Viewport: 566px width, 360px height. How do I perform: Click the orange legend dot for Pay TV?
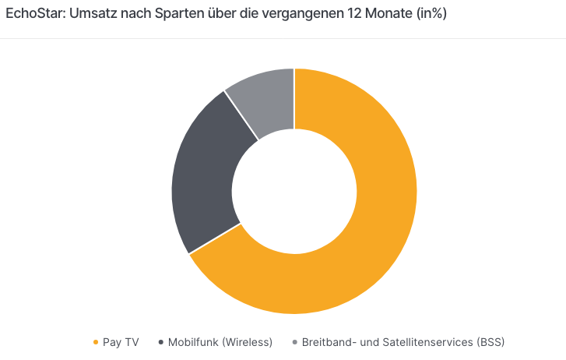96,342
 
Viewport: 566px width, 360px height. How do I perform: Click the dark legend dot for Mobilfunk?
160,342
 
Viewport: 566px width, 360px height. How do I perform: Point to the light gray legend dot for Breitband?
294,342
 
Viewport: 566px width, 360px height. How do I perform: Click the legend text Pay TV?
121,342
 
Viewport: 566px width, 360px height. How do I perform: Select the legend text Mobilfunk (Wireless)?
220,342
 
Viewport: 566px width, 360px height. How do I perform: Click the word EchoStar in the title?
31,15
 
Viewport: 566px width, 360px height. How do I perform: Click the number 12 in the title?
346,15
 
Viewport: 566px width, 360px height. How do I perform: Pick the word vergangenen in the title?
294,15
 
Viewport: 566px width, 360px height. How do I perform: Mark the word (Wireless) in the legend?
246,342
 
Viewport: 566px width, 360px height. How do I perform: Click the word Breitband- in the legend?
331,342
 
